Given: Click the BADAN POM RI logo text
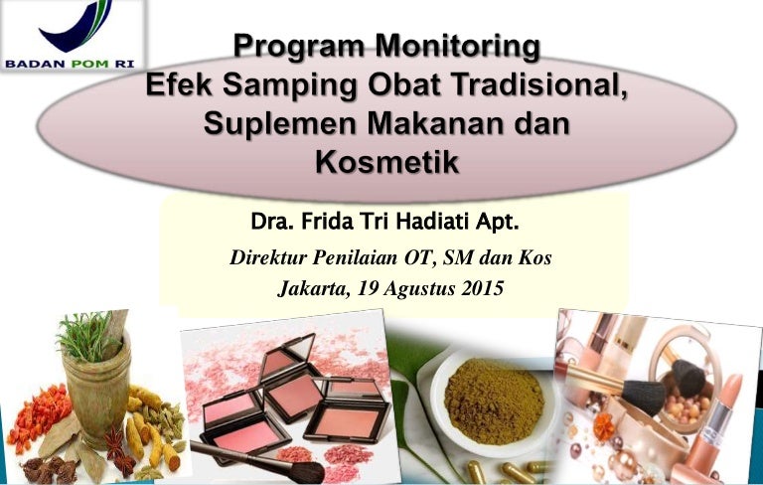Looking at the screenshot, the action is coord(70,64).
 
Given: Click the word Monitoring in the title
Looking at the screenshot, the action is coord(457,47).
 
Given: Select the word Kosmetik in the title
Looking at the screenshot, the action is coord(387,162).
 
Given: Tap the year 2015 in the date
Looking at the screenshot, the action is coord(482,288).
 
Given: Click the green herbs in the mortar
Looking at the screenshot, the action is coord(86,335).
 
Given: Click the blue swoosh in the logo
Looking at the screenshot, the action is coord(76,27).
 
